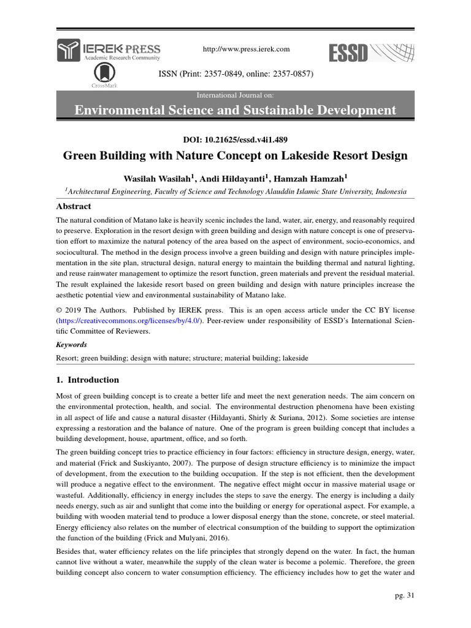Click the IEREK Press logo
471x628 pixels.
[x=109, y=50]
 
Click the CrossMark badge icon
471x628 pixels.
[x=105, y=75]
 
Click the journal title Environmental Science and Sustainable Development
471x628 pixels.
[x=235, y=110]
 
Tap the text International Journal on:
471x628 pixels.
[x=235, y=96]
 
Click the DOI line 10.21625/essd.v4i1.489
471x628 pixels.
[x=235, y=139]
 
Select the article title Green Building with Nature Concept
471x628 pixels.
[x=235, y=156]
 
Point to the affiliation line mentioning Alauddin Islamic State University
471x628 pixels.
[x=235, y=191]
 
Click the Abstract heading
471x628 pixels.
[x=74, y=207]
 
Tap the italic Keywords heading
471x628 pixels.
[x=71, y=345]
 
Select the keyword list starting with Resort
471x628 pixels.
[x=182, y=357]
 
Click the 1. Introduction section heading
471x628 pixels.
[x=88, y=380]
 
